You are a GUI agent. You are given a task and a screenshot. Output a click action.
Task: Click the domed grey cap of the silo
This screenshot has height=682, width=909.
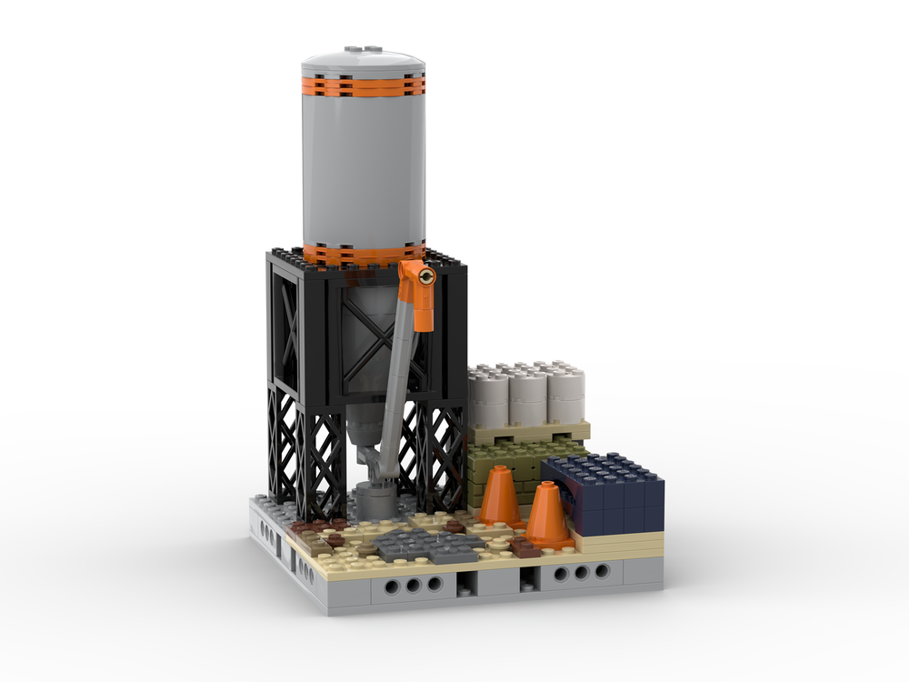[364, 59]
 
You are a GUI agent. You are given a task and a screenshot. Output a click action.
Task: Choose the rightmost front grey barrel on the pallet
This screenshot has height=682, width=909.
[564, 400]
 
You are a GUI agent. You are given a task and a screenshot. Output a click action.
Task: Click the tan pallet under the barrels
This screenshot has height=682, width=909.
[527, 433]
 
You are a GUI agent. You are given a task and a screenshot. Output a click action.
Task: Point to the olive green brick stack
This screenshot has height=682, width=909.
[509, 464]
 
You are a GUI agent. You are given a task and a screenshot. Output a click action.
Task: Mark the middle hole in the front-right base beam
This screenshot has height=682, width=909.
[578, 573]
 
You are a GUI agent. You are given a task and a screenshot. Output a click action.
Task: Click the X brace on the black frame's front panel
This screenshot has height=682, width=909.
[368, 332]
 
